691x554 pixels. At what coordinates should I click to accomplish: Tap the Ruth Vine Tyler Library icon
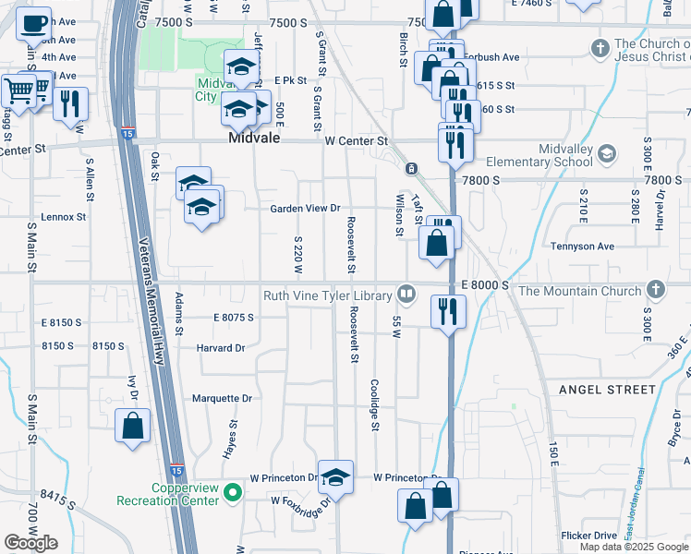tap(406, 295)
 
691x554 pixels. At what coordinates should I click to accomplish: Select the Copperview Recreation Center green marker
tap(233, 494)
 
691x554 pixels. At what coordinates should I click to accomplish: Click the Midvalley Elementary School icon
tap(607, 152)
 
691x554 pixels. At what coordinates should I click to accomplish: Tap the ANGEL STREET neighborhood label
tap(606, 390)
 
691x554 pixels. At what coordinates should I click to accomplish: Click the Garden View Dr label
tap(305, 209)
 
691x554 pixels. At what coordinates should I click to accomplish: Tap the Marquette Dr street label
tap(222, 399)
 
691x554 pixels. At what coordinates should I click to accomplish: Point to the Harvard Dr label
tap(220, 348)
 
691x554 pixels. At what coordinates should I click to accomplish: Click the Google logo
tap(30, 543)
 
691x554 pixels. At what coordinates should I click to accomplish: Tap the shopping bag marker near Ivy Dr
tap(133, 427)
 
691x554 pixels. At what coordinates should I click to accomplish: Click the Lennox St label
tap(63, 218)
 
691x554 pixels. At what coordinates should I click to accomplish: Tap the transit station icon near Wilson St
tap(410, 169)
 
